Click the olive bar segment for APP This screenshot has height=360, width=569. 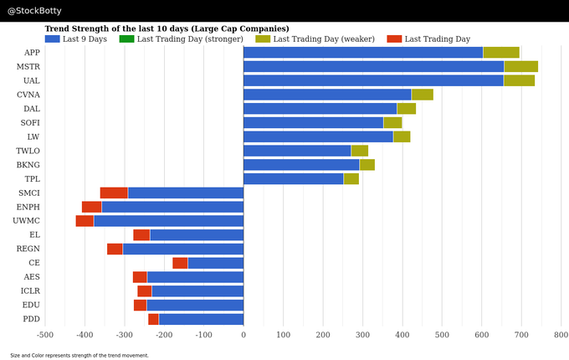(501, 53)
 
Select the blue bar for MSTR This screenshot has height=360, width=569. (374, 67)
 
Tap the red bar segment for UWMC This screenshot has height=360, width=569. (85, 221)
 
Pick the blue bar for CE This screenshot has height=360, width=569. (216, 263)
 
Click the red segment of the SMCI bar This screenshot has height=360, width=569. (114, 193)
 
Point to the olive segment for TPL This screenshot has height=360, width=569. (351, 179)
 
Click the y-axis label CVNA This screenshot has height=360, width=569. (28, 95)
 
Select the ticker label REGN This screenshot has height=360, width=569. (28, 249)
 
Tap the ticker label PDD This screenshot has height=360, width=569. (31, 319)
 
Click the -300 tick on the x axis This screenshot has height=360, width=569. (124, 335)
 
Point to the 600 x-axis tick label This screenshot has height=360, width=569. (481, 335)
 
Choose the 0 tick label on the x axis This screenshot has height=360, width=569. (243, 335)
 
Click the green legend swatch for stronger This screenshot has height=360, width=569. (126, 39)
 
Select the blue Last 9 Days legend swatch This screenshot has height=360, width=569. (52, 39)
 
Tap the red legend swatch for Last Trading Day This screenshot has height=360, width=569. (394, 39)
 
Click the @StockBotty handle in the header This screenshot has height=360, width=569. (34, 11)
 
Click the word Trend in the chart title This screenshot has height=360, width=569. (57, 28)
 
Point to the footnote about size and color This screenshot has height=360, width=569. (79, 355)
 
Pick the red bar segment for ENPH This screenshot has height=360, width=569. (92, 207)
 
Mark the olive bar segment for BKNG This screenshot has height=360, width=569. (367, 165)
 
